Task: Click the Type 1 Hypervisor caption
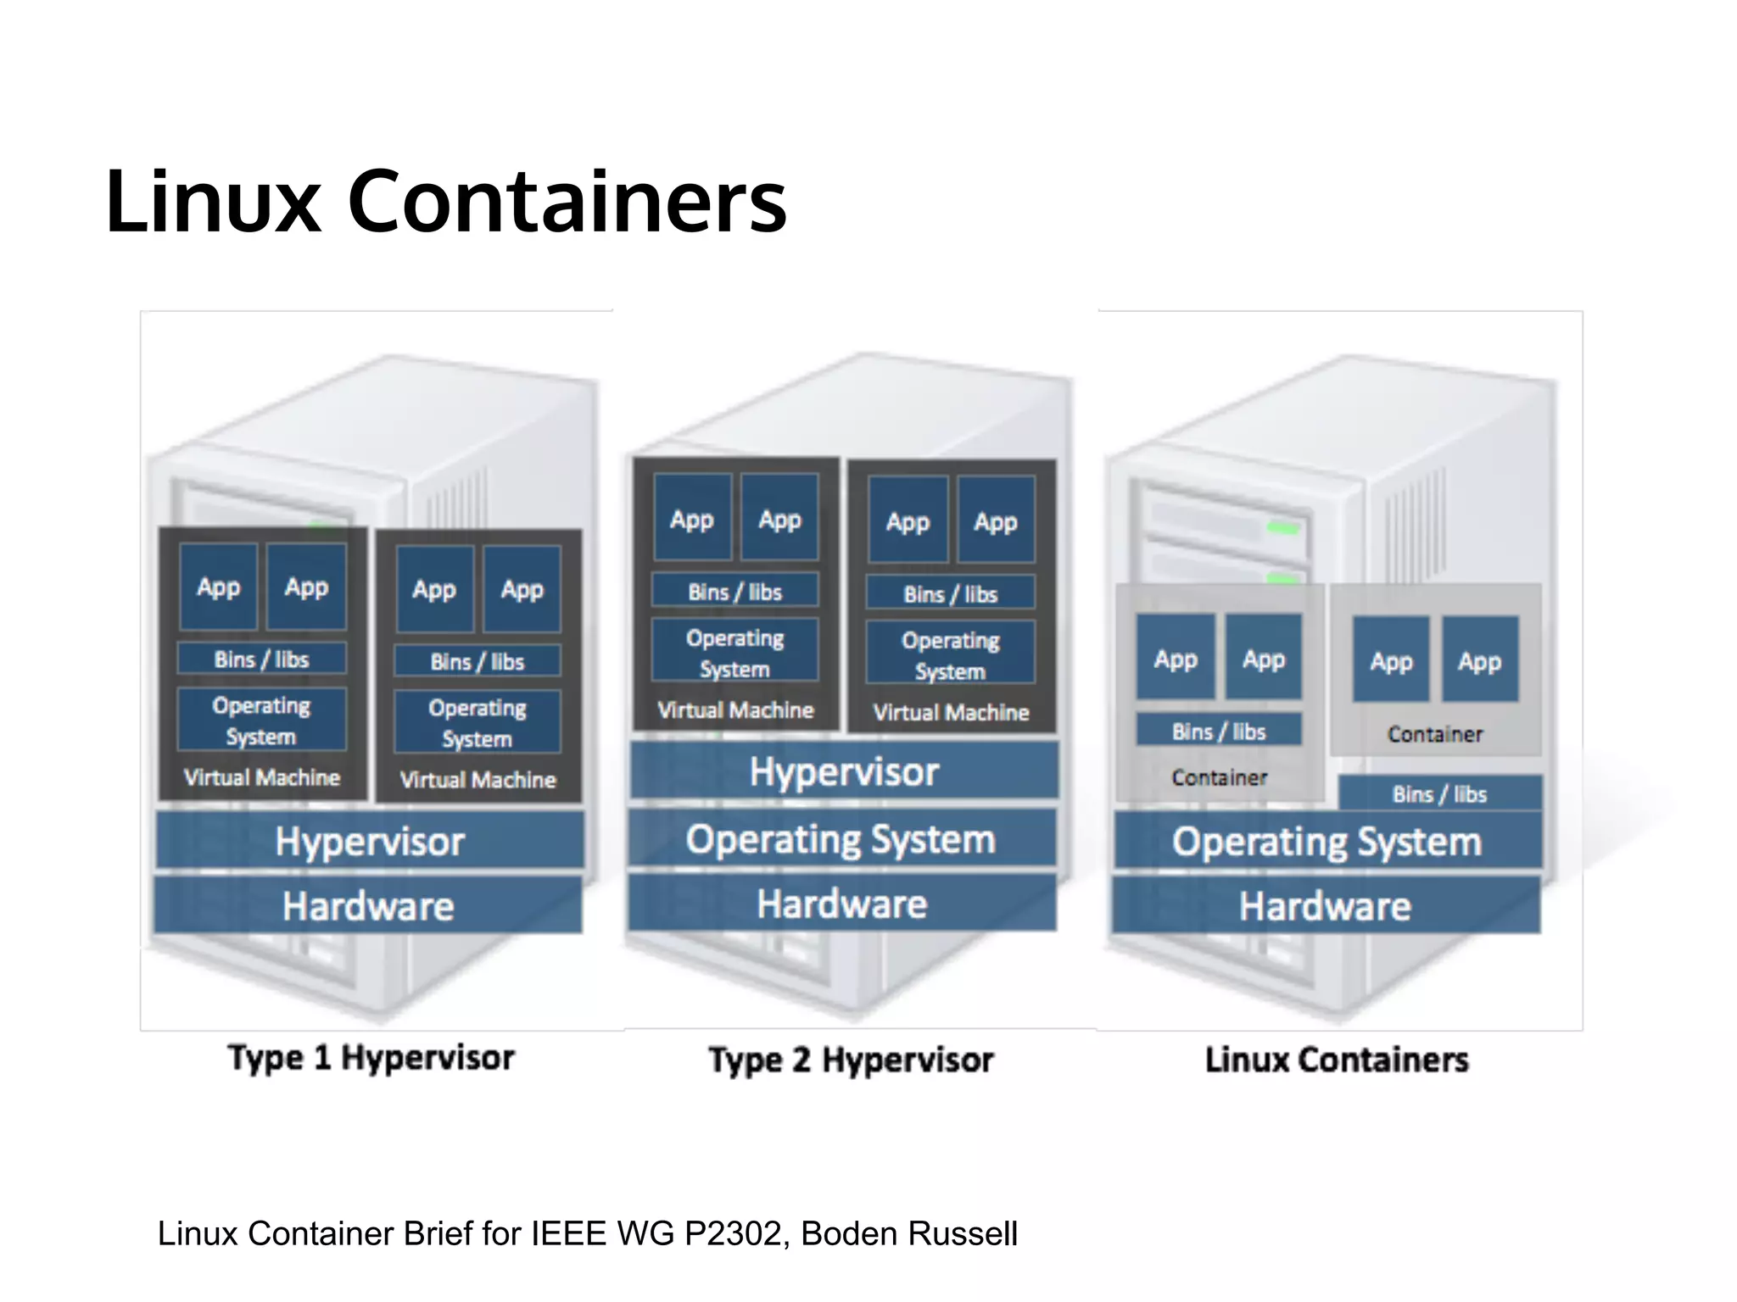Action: pos(371,1058)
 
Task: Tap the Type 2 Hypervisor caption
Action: pos(851,1060)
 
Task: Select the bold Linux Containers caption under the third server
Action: pos(1337,1060)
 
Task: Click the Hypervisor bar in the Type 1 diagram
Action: pos(370,841)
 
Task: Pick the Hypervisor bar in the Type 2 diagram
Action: pos(844,771)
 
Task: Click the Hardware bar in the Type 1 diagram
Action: pos(368,905)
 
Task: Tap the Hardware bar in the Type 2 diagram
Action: pos(842,904)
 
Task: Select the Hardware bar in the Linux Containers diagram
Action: pos(1326,905)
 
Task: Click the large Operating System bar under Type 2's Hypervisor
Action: pos(841,839)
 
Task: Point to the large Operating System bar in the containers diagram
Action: pos(1327,841)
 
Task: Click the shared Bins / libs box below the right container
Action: pos(1439,793)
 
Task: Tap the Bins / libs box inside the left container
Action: pos(1219,731)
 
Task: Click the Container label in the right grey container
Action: pos(1435,734)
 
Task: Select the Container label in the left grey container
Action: pos(1219,776)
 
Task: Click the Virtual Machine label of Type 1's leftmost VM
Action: pos(262,777)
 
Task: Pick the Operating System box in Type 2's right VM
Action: pos(950,654)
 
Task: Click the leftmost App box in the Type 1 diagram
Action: pos(219,587)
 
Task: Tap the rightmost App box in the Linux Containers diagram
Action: pos(1480,660)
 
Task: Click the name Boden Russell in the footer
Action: pos(908,1234)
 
